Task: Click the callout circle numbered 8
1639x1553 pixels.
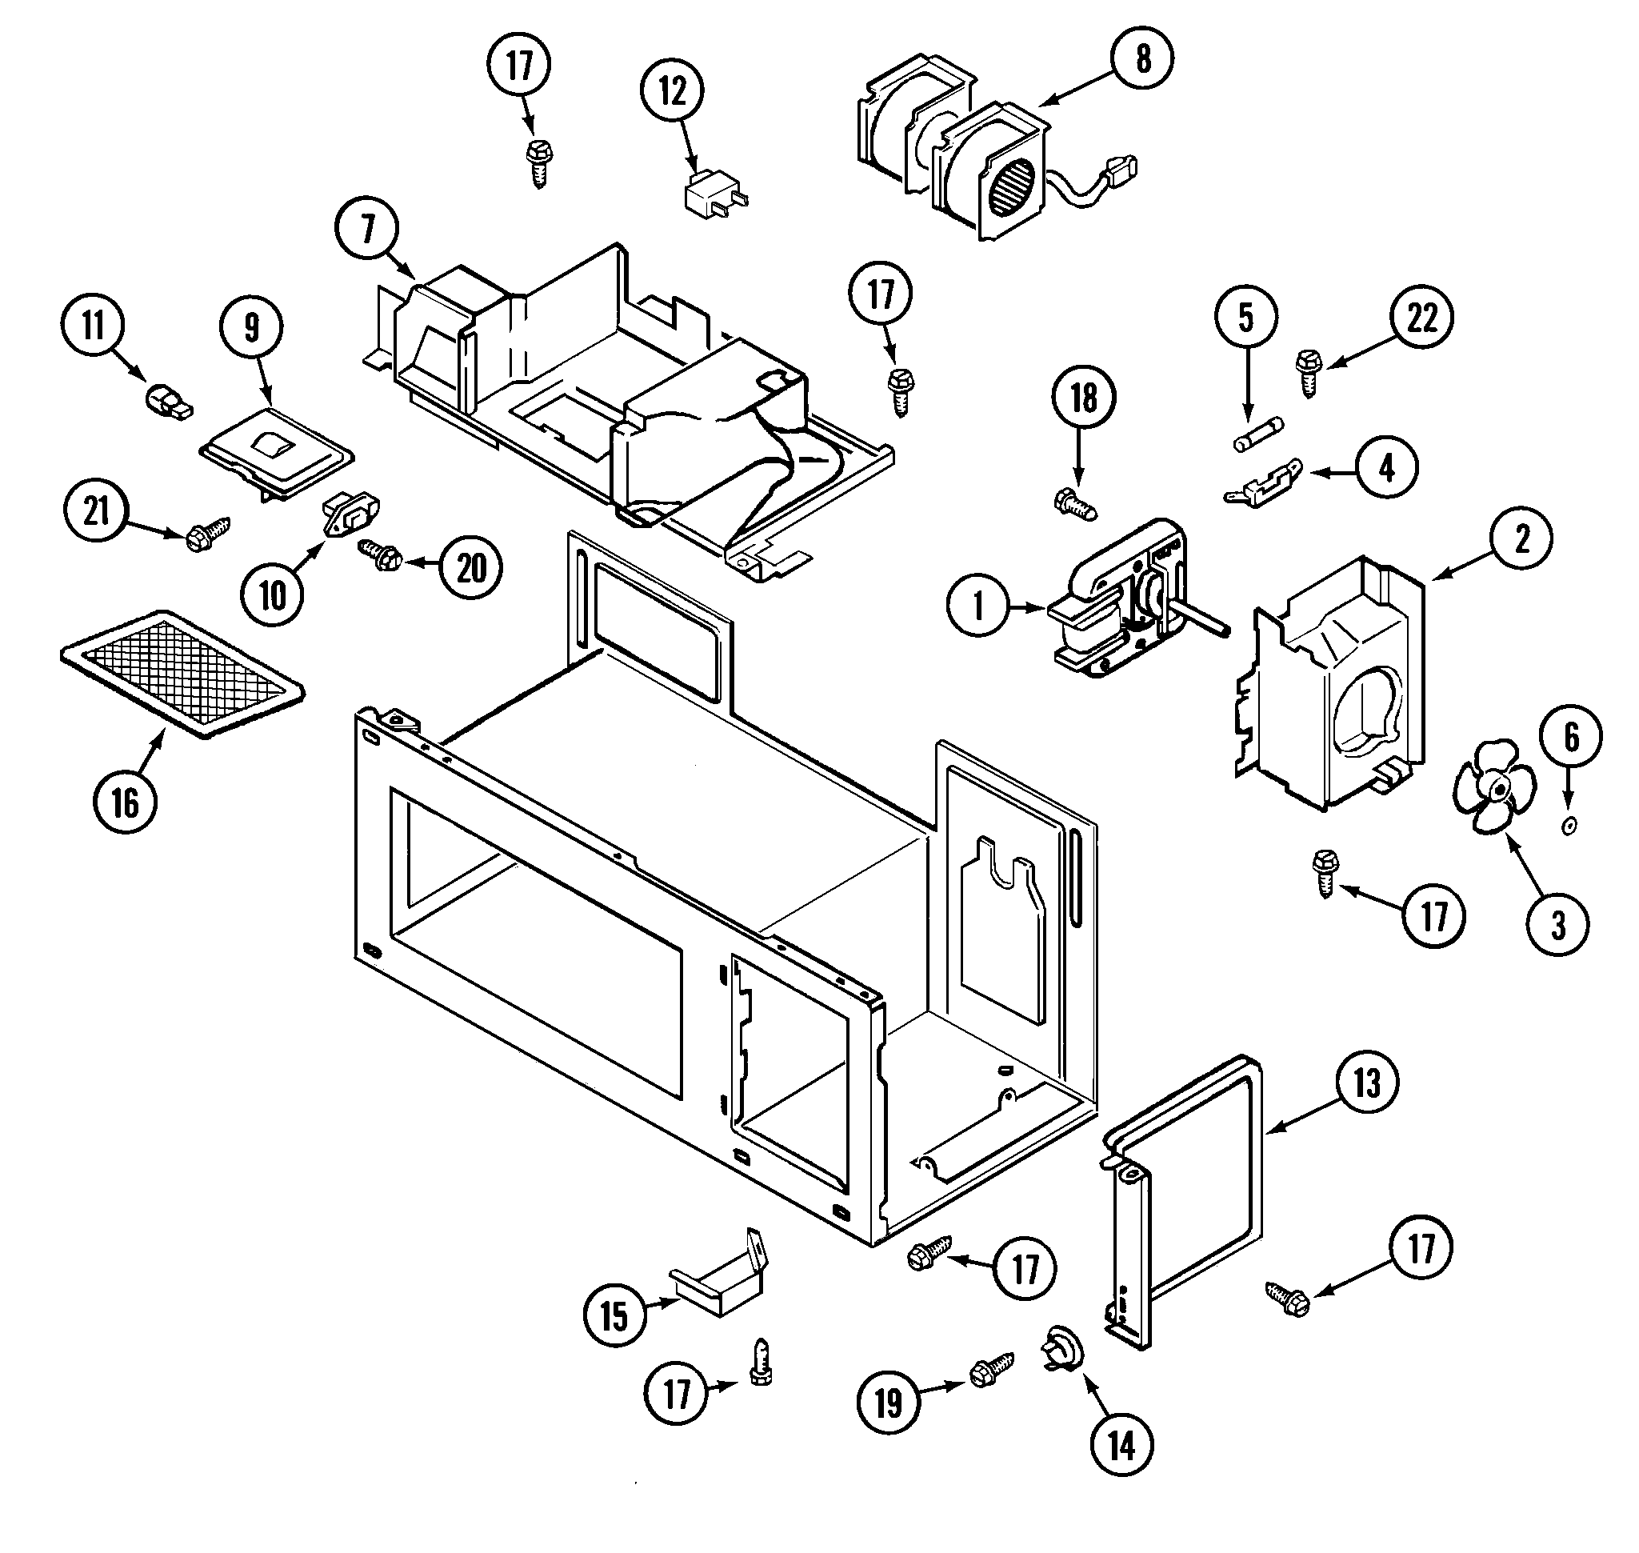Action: (1142, 58)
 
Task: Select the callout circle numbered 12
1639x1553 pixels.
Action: (673, 91)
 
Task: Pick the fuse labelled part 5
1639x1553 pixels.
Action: (1258, 434)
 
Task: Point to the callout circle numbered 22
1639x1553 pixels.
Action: (1422, 318)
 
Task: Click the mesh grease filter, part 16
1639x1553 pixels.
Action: (182, 673)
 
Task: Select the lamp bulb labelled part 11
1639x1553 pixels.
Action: (168, 403)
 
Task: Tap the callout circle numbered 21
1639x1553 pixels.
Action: (96, 510)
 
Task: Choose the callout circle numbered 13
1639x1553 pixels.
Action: (1367, 1082)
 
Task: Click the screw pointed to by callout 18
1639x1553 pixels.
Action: (1074, 502)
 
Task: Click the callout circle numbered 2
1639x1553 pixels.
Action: (1521, 539)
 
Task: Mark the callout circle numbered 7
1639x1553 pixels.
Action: (367, 229)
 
